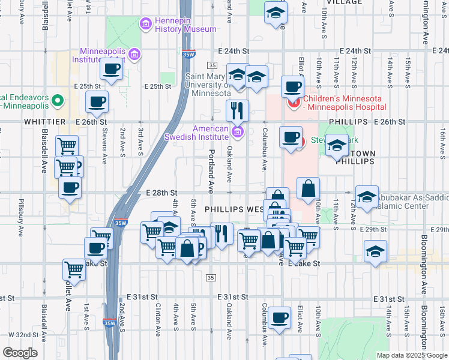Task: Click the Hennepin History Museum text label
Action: pyautogui.click(x=177, y=25)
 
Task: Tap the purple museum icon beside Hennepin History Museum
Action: pyautogui.click(x=145, y=25)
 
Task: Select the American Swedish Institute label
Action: pyautogui.click(x=210, y=133)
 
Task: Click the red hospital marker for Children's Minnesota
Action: pyautogui.click(x=294, y=103)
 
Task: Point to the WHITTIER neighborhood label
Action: pyautogui.click(x=44, y=121)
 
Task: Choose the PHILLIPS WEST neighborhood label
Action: pyautogui.click(x=234, y=209)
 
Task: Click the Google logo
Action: pyautogui.click(x=20, y=353)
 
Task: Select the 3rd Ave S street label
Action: pyautogui.click(x=140, y=140)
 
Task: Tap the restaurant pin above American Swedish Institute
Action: pyautogui.click(x=237, y=111)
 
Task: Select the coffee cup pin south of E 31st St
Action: pyautogui.click(x=279, y=318)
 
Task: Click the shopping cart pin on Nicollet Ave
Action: pyautogui.click(x=74, y=270)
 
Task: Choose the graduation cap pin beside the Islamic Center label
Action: pyautogui.click(x=367, y=196)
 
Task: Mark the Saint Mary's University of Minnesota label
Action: pyautogui.click(x=208, y=85)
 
